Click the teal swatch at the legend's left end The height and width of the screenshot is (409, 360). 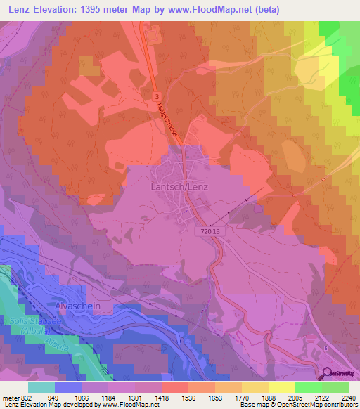click(41, 387)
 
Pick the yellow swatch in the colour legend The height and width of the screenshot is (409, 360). click(281, 387)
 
